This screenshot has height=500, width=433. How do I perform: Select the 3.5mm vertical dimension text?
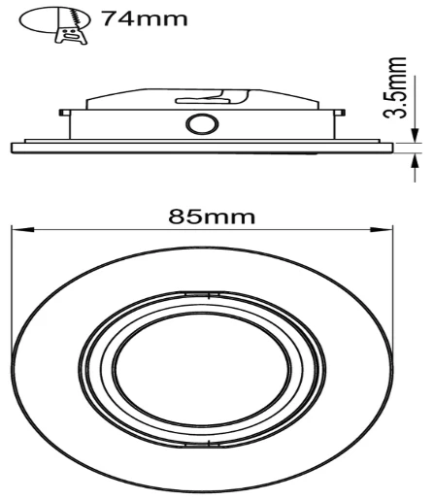pos(394,87)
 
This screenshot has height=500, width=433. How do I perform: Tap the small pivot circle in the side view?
pos(203,124)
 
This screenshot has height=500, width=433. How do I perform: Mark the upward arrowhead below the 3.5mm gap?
pos(413,158)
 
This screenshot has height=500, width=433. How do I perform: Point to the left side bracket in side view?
pos(65,121)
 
